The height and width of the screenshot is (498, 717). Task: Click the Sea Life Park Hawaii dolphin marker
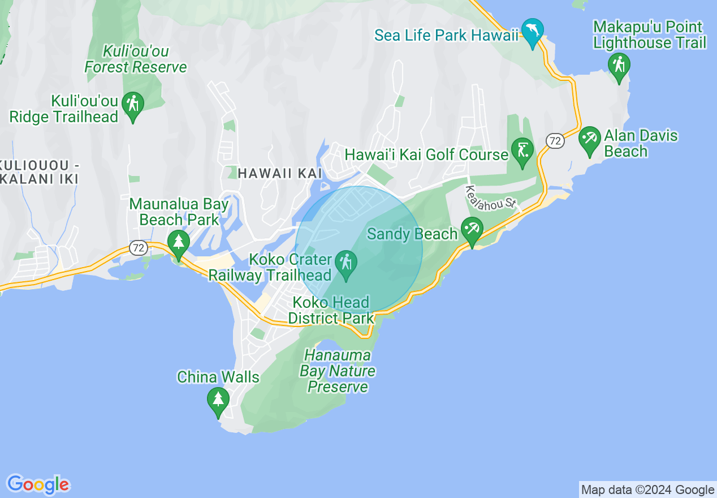532,31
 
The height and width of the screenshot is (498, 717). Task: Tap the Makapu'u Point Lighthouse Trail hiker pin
619,66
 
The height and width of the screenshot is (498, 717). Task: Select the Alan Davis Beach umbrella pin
590,139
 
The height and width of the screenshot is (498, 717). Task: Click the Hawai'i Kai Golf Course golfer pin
522,151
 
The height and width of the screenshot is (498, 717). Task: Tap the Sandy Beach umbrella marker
472,229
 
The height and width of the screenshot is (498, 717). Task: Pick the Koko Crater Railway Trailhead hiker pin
345,263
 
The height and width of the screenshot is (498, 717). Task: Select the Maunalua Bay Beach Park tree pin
179,242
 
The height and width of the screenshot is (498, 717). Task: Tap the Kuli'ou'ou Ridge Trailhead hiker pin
133,105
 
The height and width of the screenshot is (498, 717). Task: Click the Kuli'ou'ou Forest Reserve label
136,59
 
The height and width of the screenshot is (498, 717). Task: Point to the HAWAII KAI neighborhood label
280,174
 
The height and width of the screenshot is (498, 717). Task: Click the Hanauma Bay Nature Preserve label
337,371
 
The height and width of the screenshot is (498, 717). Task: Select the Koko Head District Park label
331,310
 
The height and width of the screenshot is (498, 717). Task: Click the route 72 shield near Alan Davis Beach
556,141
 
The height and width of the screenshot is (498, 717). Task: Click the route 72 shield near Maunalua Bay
139,247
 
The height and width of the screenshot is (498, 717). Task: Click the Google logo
38,484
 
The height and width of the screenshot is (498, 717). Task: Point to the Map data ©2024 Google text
647,490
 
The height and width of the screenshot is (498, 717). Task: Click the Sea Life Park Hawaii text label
446,36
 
